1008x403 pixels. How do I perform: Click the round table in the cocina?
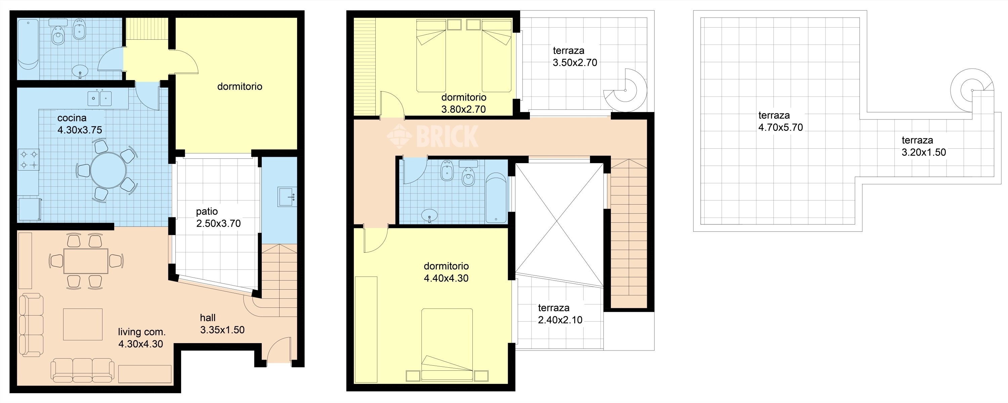click(109, 170)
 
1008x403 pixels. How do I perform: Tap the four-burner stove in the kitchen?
click(29, 160)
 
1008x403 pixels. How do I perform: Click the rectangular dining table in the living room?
click(86, 261)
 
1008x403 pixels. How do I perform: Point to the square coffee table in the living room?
click(83, 324)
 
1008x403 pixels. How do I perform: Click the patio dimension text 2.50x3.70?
click(218, 224)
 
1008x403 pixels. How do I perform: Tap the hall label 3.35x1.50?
click(222, 330)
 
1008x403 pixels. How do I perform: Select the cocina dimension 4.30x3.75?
click(80, 130)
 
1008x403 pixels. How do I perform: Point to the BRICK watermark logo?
click(432, 136)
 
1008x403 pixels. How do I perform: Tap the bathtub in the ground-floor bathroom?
click(28, 45)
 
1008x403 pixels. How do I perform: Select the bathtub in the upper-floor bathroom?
click(496, 198)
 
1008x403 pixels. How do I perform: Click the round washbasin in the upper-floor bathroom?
click(430, 215)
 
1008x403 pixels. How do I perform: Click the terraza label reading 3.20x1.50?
click(923, 152)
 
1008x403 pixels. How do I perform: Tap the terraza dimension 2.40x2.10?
click(560, 320)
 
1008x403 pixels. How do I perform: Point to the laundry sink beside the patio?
click(287, 196)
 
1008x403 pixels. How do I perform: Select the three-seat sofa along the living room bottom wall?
click(83, 370)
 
